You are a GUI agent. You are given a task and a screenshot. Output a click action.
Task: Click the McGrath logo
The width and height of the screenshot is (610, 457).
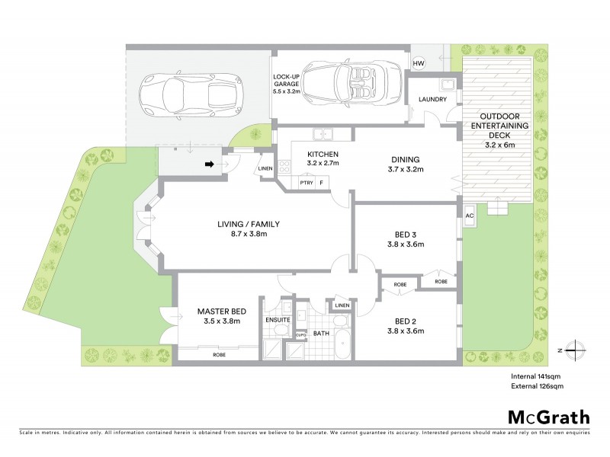pyautogui.click(x=549, y=417)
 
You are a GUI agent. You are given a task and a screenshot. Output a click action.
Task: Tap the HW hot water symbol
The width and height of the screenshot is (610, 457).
pyautogui.click(x=419, y=62)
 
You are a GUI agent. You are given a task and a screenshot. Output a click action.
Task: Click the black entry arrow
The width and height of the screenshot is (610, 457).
pyautogui.click(x=210, y=163)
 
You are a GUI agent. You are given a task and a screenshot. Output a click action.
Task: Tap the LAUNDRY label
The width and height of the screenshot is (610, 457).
pyautogui.click(x=431, y=99)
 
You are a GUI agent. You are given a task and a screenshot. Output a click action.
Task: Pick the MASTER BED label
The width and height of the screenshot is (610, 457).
pyautogui.click(x=222, y=312)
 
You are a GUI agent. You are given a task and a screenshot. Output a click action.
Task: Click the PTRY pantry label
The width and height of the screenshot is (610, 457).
pyautogui.click(x=307, y=183)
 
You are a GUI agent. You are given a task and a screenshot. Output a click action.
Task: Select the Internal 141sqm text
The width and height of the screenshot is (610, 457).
pyautogui.click(x=537, y=376)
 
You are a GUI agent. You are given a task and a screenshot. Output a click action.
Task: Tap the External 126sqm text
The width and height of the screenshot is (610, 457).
pyautogui.click(x=537, y=387)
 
